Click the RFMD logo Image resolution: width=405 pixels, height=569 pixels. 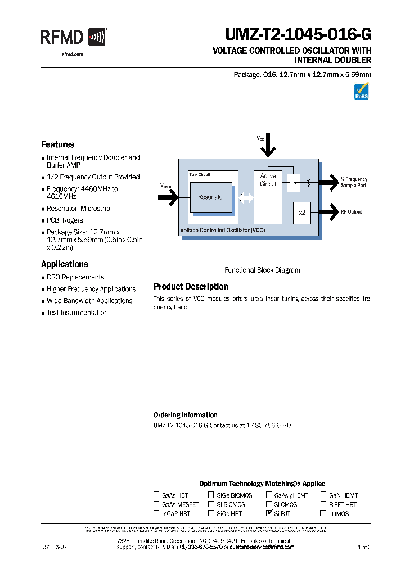pyautogui.click(x=73, y=38)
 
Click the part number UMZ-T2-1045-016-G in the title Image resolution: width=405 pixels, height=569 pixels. pyautogui.click(x=298, y=35)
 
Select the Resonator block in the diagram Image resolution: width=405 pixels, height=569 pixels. pyautogui.click(x=211, y=197)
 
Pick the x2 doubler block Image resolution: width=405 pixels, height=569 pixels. pyautogui.click(x=301, y=213)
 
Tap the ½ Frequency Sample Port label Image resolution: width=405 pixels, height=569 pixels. pyautogui.click(x=353, y=182)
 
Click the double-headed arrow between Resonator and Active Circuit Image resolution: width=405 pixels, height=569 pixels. pyautogui.click(x=246, y=197)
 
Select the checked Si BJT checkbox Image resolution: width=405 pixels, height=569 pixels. pyautogui.click(x=269, y=513)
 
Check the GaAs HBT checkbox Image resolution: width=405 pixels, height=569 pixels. pyautogui.click(x=156, y=495)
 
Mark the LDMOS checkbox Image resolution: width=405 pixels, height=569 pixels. pyautogui.click(x=323, y=513)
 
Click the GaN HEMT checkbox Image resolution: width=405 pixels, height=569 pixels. pyautogui.click(x=323, y=495)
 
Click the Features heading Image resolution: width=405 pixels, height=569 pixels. pyautogui.click(x=57, y=144)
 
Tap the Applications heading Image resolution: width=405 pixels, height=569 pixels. pyautogui.click(x=64, y=264)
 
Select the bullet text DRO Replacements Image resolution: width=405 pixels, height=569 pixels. pyautogui.click(x=75, y=277)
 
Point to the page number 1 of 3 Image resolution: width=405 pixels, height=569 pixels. pyautogui.click(x=365, y=547)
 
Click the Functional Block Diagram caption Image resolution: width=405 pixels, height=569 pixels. pyautogui.click(x=262, y=270)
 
